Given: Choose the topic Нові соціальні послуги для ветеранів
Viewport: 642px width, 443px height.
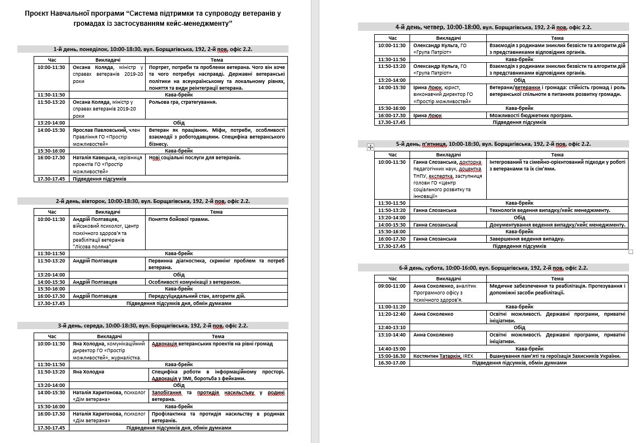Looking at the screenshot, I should (195, 158).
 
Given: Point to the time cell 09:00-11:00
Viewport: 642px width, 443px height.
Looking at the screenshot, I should (392, 285).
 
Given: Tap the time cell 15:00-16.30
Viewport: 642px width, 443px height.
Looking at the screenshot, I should (392, 356).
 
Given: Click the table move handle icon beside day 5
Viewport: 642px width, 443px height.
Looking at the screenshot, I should (370, 147).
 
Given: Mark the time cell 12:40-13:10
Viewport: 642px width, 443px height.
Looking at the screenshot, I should (392, 327).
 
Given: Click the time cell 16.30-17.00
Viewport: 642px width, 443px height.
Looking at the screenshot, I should (392, 363).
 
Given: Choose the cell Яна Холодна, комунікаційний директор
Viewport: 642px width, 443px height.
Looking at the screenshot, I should (109, 350).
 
